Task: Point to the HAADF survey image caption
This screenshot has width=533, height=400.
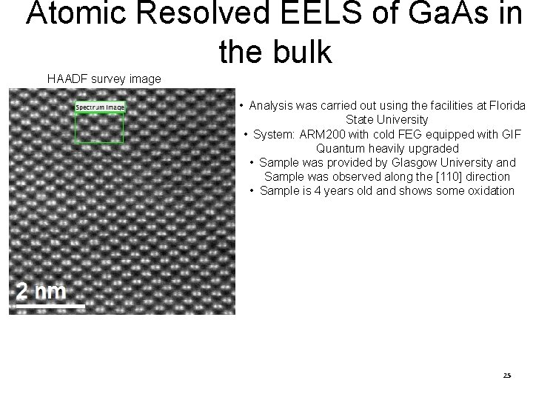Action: (104, 78)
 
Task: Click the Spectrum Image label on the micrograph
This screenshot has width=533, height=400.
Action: (100, 107)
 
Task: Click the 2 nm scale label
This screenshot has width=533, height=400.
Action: (41, 290)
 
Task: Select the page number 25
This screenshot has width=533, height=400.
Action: (506, 376)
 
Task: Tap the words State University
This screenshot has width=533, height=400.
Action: (386, 119)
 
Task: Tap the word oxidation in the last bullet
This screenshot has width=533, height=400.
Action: (488, 190)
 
